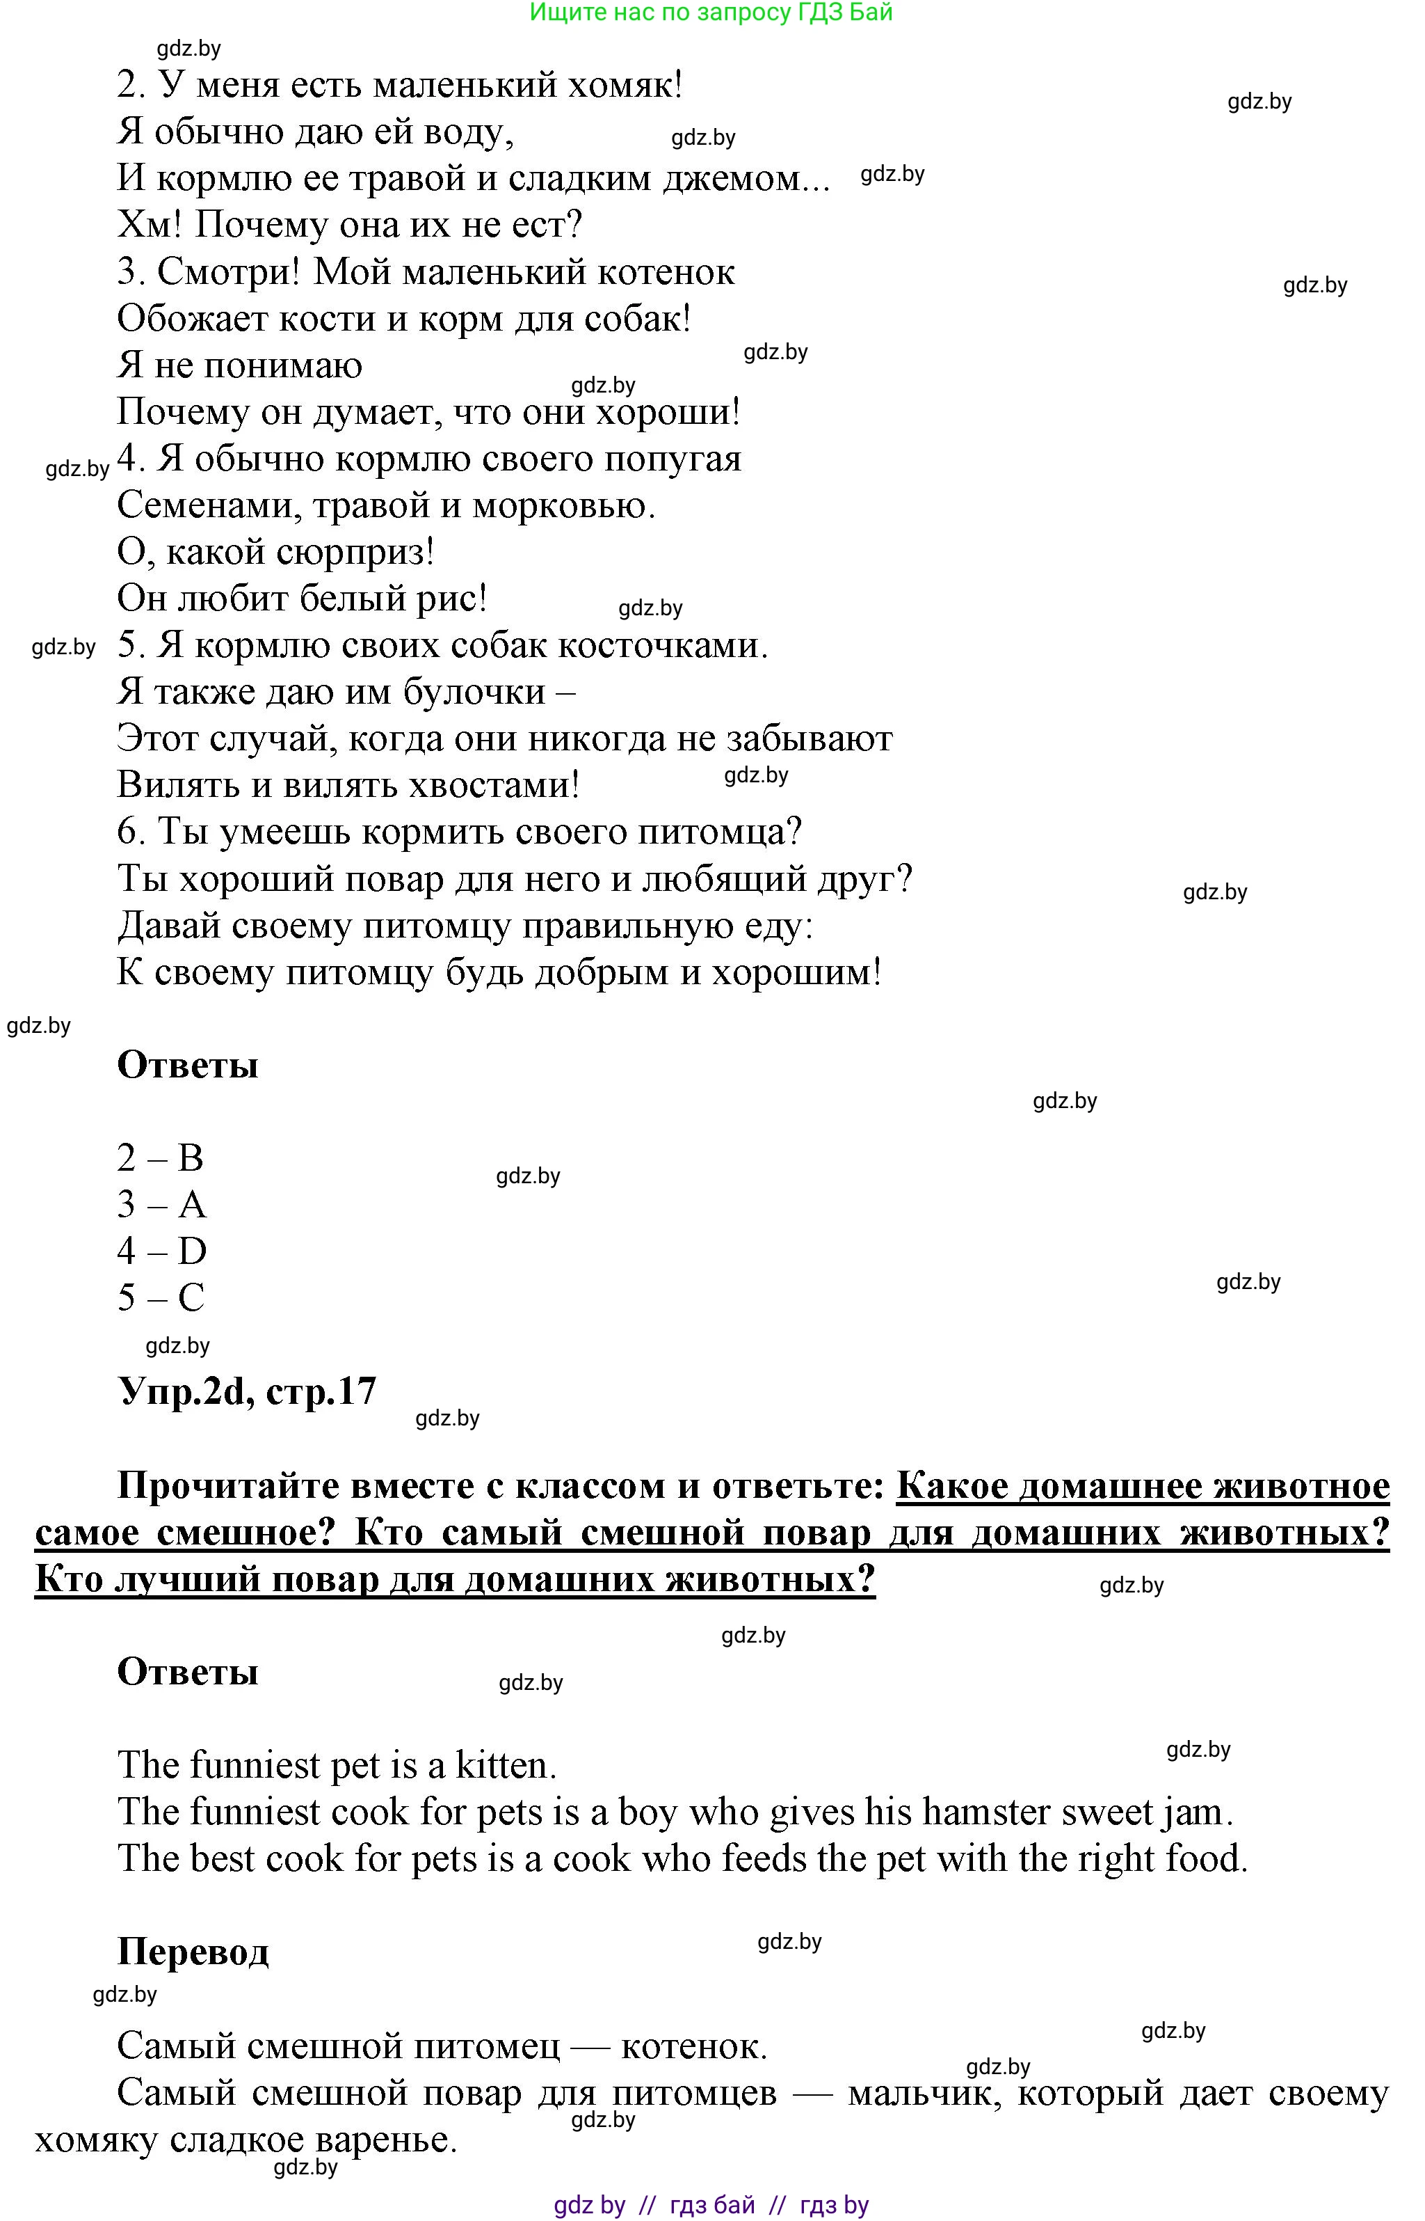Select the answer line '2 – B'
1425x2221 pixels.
pos(160,1158)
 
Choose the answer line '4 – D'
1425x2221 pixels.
pos(162,1251)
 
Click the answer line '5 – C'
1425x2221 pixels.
pos(161,1298)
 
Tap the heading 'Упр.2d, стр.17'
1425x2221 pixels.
pos(247,1391)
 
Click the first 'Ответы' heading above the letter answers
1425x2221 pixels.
pos(188,1065)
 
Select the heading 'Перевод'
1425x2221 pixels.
pos(193,1952)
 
